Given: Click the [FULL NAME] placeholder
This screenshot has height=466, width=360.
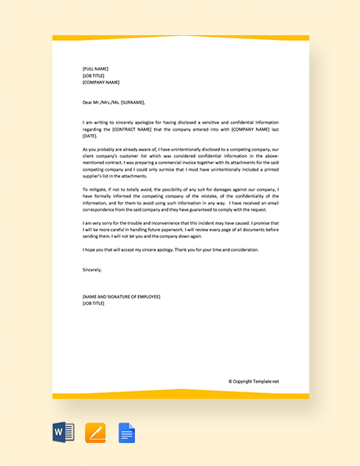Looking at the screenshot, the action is [x=96, y=69].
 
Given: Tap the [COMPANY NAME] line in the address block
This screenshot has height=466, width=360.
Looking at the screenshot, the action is [x=101, y=82].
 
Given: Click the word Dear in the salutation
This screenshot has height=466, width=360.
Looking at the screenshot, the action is [x=88, y=102].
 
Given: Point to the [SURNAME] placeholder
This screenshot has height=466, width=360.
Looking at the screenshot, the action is [x=132, y=102].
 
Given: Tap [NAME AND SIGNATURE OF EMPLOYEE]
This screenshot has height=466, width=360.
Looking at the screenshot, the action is [x=121, y=296].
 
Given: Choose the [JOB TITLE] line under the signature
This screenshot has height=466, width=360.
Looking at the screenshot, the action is [x=93, y=302].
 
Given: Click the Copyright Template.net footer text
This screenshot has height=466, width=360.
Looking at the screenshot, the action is [x=254, y=381].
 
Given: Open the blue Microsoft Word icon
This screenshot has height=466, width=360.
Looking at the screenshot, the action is [x=64, y=432].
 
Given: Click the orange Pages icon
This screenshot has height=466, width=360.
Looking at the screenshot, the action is [x=96, y=432].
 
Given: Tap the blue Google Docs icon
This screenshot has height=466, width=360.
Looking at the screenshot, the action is [x=127, y=432].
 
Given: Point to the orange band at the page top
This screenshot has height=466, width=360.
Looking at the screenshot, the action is [x=181, y=38].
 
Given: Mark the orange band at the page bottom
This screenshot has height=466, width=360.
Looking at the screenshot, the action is [x=181, y=395].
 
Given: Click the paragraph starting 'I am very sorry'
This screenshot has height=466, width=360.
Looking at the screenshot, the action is [x=181, y=228].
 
